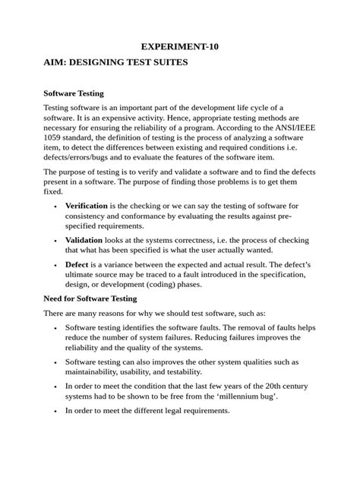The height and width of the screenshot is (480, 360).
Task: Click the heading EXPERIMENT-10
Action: tap(180, 46)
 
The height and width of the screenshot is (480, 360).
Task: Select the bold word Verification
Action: tap(87, 205)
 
